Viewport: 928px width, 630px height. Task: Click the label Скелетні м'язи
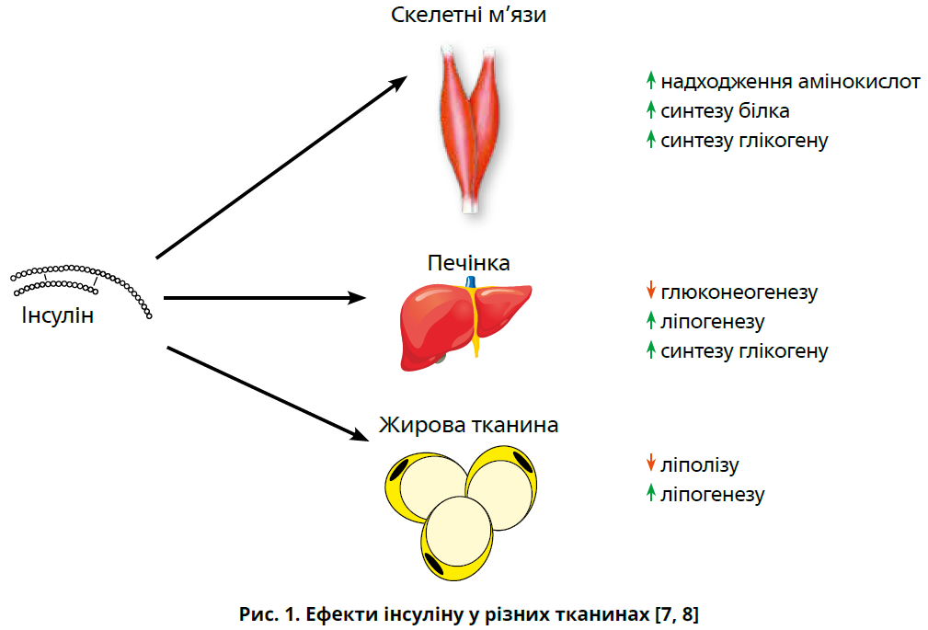[x=469, y=16]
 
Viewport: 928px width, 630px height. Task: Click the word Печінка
[x=469, y=263]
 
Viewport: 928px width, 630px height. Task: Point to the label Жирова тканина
[x=468, y=426]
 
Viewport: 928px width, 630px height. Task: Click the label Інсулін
[x=56, y=316]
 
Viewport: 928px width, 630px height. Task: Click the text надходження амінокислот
[x=790, y=81]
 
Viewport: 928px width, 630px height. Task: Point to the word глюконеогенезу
[x=739, y=292]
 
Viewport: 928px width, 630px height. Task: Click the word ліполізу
[x=699, y=465]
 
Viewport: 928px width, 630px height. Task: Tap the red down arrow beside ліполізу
[x=650, y=464]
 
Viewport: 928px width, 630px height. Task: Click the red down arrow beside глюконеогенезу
[x=650, y=292]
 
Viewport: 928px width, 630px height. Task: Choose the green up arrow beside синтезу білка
[x=650, y=109]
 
